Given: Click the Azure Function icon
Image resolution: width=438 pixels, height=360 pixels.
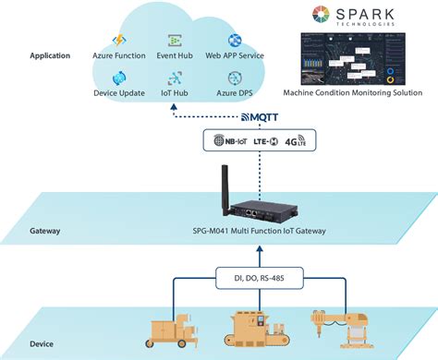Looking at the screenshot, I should [x=117, y=42].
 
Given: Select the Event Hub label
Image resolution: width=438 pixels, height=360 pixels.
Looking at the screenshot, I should [x=175, y=56].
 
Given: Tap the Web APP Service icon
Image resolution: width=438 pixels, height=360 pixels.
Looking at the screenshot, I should [x=235, y=42].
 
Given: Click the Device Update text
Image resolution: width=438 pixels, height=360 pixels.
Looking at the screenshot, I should [x=118, y=93].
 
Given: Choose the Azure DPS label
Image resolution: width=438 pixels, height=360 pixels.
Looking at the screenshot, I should [x=235, y=93].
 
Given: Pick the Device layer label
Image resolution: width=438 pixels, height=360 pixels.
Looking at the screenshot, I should [x=41, y=342].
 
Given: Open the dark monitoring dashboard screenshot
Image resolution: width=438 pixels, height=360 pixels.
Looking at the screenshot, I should [x=359, y=59].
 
